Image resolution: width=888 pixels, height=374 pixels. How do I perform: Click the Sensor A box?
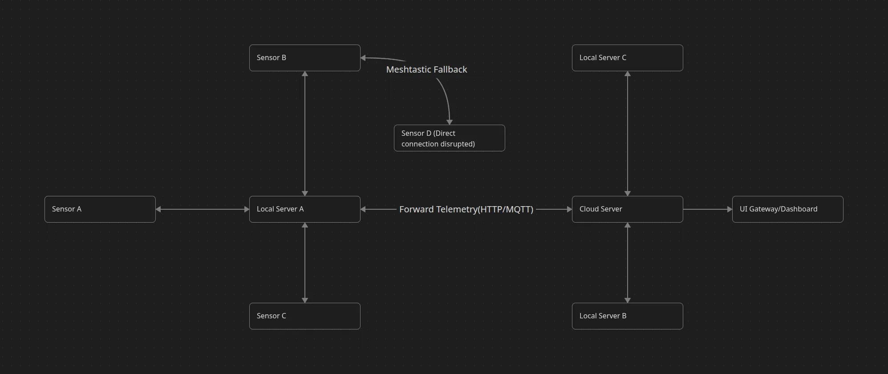pyautogui.click(x=100, y=209)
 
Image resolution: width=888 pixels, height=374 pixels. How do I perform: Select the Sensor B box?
pyautogui.click(x=304, y=58)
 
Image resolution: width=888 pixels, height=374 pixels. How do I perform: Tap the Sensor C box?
pyautogui.click(x=304, y=316)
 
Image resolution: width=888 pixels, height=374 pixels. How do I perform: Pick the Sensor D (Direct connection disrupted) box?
pyautogui.click(x=449, y=138)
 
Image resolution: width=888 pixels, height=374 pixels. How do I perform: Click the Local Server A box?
pyautogui.click(x=304, y=209)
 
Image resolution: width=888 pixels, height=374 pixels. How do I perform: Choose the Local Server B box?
pyautogui.click(x=627, y=316)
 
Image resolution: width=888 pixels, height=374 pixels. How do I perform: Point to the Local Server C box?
pyautogui.click(x=627, y=58)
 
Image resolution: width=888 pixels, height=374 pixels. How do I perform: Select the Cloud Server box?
pyautogui.click(x=627, y=209)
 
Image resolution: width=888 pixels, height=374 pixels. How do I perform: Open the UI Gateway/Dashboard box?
pyautogui.click(x=787, y=209)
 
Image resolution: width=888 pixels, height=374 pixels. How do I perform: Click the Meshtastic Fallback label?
pyautogui.click(x=426, y=69)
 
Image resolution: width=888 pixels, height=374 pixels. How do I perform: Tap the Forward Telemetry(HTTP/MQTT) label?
pyautogui.click(x=466, y=209)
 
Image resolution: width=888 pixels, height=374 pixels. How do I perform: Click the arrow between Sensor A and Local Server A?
pyautogui.click(x=203, y=209)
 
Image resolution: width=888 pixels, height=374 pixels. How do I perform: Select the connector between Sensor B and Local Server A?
pyautogui.click(x=305, y=134)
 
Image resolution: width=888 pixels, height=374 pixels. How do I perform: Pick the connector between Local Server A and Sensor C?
pyautogui.click(x=305, y=263)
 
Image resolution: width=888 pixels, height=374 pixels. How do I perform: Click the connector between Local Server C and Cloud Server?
pyautogui.click(x=628, y=134)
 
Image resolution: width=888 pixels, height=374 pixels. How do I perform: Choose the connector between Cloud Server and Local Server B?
pyautogui.click(x=628, y=263)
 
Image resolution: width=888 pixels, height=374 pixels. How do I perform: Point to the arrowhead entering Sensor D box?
pyautogui.click(x=450, y=122)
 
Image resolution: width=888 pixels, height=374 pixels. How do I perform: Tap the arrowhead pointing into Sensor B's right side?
pyautogui.click(x=363, y=58)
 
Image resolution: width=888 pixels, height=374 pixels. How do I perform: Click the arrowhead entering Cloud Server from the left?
pyautogui.click(x=569, y=209)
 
